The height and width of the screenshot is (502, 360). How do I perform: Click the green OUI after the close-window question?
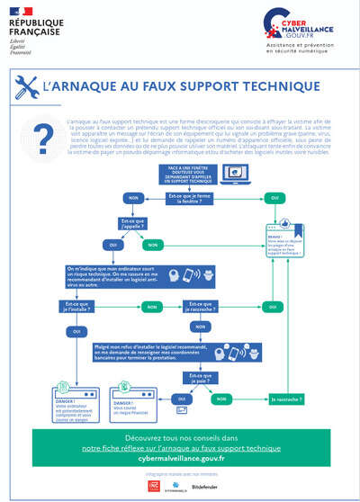274,197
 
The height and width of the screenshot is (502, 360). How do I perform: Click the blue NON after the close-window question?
133,196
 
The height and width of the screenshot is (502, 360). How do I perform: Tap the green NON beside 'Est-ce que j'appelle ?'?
153,244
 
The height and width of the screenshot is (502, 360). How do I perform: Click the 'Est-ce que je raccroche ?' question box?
208,306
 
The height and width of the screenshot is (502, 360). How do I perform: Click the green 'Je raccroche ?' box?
286,398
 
